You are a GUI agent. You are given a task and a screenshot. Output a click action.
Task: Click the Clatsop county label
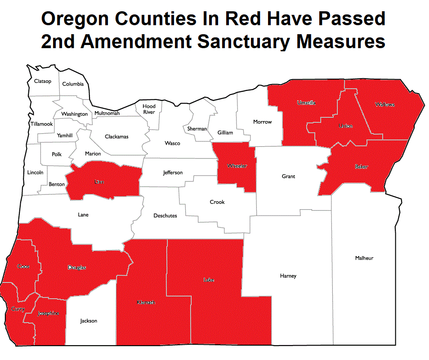[x=43, y=81]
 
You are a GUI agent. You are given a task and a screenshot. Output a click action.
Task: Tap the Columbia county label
[x=73, y=84]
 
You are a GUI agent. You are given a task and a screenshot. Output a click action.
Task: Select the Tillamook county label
[x=41, y=124]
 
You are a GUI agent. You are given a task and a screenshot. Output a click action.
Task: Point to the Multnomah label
[x=107, y=113]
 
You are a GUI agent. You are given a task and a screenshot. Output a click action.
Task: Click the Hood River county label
[x=149, y=109]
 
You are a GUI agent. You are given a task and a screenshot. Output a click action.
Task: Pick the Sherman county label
[x=197, y=129]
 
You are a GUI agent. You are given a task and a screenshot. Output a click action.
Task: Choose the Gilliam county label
[x=225, y=133]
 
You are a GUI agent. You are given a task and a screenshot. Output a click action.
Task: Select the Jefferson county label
[x=173, y=173]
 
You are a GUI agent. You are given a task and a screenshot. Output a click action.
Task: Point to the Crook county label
[x=217, y=202]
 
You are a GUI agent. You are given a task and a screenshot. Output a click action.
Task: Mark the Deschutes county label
[x=165, y=216]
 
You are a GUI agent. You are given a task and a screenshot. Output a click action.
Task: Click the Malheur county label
[x=364, y=258]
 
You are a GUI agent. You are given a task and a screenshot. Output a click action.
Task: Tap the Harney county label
[x=288, y=276]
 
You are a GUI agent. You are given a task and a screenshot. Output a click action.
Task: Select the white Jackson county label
[x=89, y=321]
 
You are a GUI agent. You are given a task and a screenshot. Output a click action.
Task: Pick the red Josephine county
[x=48, y=313]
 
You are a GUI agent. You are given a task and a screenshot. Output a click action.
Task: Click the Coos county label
[x=23, y=266]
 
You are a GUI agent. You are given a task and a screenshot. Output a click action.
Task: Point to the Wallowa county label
[x=385, y=104]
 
